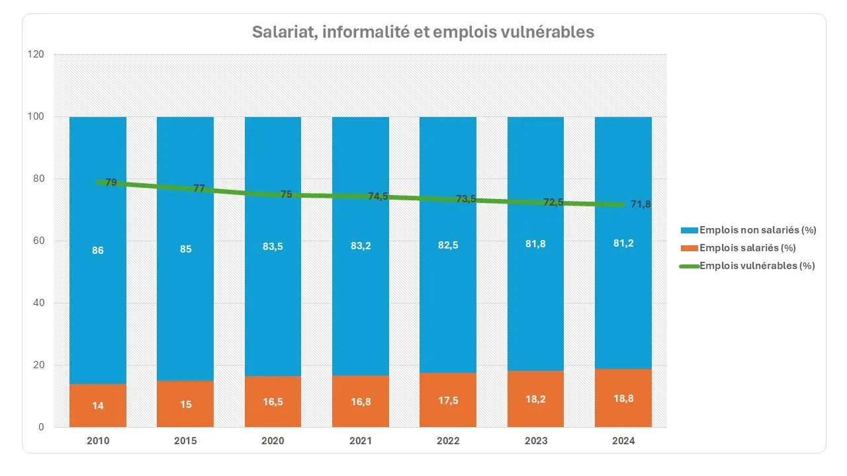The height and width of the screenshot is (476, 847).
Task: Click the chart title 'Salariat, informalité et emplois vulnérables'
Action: coord(423,32)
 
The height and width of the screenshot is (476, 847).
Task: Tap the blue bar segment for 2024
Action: coord(623,297)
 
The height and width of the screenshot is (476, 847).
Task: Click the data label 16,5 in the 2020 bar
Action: coord(273,404)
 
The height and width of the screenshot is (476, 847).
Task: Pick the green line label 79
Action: coord(111,182)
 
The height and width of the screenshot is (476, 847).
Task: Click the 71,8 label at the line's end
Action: coord(641,204)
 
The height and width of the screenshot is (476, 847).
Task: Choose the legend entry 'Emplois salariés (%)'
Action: coord(746,248)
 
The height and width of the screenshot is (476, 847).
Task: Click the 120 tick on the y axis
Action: coord(36,55)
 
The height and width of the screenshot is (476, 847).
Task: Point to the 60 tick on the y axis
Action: coord(38,241)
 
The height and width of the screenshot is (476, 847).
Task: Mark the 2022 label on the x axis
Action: coord(448,442)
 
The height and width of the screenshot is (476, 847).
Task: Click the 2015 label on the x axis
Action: coord(185,442)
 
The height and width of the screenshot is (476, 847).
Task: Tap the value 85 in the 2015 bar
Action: coord(185,249)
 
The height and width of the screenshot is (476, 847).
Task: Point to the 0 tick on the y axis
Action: coord(41,427)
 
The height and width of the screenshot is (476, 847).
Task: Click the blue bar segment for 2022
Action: coord(448,297)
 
